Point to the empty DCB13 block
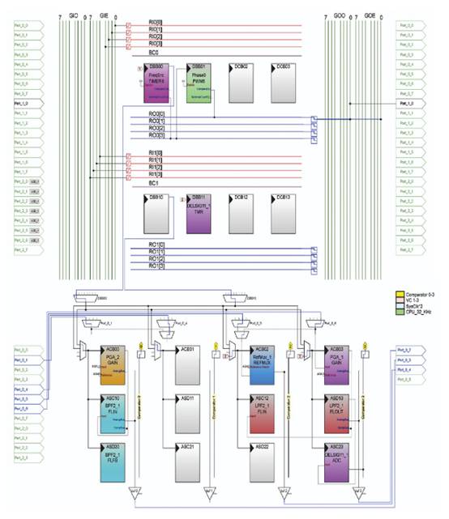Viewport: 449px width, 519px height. (286, 215)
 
